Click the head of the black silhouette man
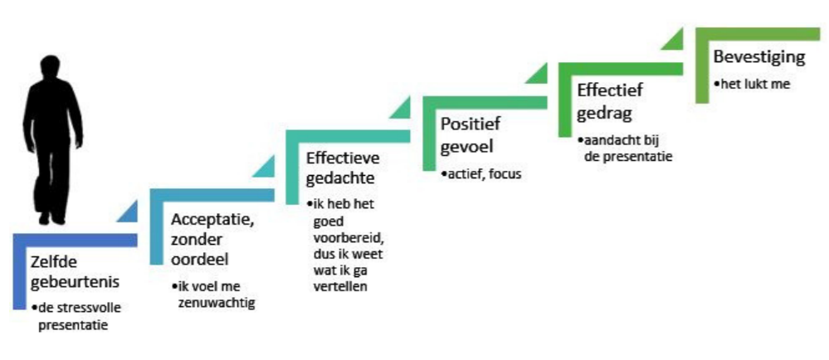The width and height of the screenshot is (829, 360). (51, 68)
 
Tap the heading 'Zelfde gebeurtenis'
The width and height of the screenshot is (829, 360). (75, 272)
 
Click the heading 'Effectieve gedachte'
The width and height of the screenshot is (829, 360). (343, 168)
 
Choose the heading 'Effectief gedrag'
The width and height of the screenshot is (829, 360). (610, 100)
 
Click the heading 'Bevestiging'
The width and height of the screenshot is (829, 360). (759, 57)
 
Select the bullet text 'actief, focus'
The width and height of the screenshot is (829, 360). (481, 173)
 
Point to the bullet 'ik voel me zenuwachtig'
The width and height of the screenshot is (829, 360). (213, 295)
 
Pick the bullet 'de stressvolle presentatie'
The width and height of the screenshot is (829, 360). (72, 316)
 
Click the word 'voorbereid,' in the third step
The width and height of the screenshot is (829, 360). (348, 237)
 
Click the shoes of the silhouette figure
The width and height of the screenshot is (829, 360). (51, 217)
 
